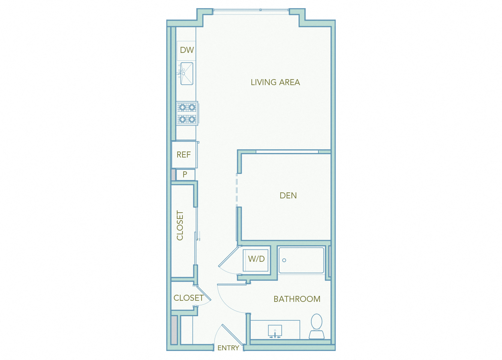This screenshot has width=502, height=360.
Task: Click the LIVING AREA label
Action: click(275, 82)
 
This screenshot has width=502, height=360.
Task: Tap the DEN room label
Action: click(288, 196)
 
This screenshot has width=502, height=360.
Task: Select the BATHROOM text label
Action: click(297, 299)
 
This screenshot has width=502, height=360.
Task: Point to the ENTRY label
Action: click(228, 348)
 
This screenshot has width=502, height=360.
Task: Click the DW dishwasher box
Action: click(187, 50)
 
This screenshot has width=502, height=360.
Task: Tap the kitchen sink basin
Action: click(187, 73)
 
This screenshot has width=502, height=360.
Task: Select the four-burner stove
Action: click(187, 113)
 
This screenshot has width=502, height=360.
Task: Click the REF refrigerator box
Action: click(184, 154)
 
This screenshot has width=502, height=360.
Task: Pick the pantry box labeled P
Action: click(185, 174)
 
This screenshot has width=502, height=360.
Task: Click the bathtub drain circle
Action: click(284, 260)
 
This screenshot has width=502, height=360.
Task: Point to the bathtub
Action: click(302, 260)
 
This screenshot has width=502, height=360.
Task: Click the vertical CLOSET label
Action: click(180, 225)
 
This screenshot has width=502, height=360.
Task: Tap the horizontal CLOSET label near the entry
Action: click(188, 298)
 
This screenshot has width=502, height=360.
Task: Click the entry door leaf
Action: click(232, 334)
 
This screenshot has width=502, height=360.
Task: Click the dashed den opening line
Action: click(237, 190)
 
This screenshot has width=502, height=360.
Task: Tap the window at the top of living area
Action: click(251, 10)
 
